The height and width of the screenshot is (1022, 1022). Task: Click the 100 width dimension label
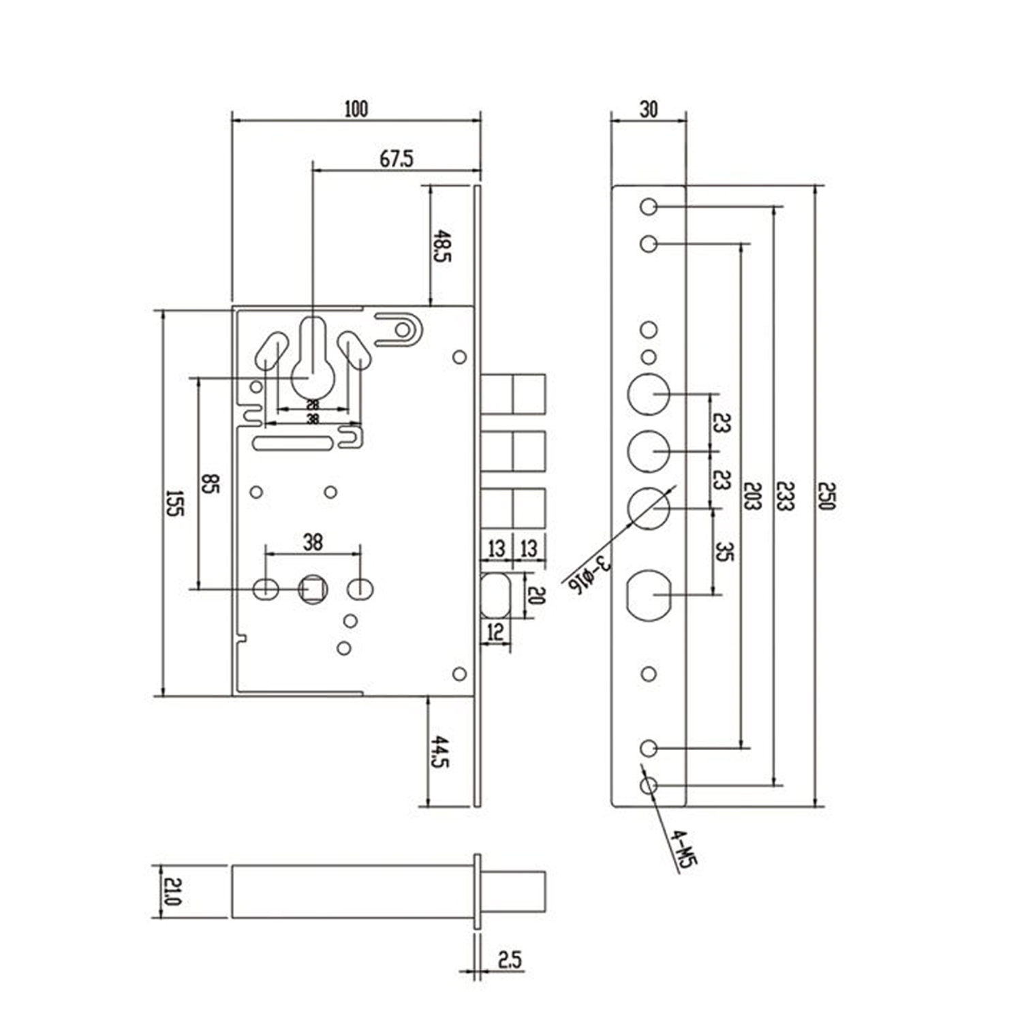[x=356, y=109]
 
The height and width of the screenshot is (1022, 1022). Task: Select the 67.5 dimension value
[x=397, y=159]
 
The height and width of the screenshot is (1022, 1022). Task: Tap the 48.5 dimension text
[x=443, y=247]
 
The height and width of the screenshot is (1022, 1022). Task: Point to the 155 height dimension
[x=174, y=503]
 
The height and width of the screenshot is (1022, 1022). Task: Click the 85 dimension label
[x=210, y=484]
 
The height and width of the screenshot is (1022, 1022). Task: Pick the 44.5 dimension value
[x=440, y=752]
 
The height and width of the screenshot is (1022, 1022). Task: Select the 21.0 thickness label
[x=173, y=891]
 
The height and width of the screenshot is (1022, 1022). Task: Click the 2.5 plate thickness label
[x=510, y=960]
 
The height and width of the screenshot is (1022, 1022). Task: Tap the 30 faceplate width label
[x=649, y=109]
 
